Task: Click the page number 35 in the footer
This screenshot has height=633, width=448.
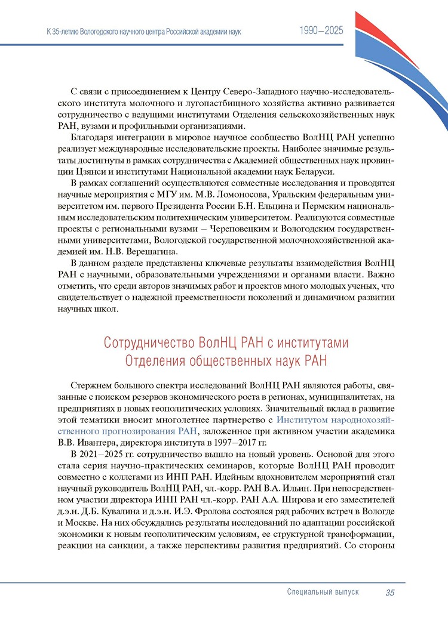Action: click(x=390, y=592)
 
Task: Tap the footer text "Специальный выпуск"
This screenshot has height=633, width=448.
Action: click(x=323, y=592)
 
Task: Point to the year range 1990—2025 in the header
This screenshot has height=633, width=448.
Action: click(x=321, y=31)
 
